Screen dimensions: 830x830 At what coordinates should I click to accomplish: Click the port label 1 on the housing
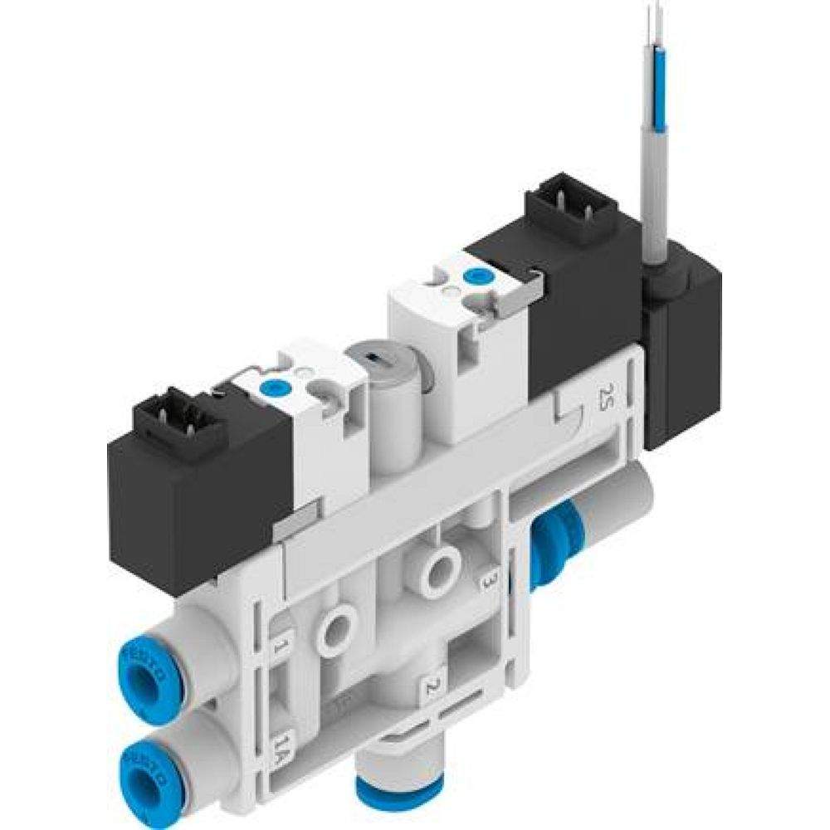[281, 645]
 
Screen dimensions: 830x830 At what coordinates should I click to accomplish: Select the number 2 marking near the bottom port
[432, 686]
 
